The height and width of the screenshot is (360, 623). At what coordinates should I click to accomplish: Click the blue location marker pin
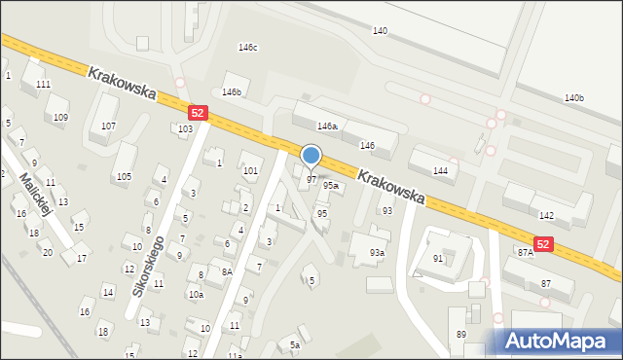point(311,157)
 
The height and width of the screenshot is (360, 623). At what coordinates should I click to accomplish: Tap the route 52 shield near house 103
point(198,114)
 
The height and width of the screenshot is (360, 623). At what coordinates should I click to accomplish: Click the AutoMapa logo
point(559,341)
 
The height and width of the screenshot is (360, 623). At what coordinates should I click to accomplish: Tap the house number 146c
point(248,48)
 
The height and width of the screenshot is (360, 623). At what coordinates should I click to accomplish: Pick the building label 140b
point(574,98)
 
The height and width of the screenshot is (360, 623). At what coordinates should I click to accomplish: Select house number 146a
point(327,126)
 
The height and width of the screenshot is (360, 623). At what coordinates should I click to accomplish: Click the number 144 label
point(440,170)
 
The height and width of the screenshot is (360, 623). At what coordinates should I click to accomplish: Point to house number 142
point(546,215)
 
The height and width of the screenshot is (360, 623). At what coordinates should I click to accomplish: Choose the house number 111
point(43,85)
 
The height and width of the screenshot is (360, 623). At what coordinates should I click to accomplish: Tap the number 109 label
point(60,118)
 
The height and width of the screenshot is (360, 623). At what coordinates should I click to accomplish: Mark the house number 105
point(124,176)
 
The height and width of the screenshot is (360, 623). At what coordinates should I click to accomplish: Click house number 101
point(250,171)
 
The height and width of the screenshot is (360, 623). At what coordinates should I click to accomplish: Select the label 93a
point(377,253)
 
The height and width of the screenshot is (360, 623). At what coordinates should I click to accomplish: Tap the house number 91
point(438,259)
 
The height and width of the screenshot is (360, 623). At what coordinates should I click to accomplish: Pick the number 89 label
point(460,335)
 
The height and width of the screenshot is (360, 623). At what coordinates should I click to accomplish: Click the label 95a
point(331,185)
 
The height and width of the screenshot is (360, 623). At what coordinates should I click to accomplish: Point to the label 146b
point(231,92)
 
